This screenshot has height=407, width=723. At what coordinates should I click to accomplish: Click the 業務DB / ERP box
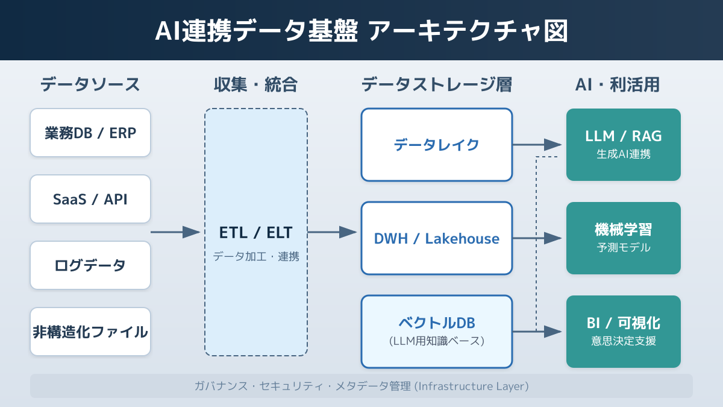point(90,133)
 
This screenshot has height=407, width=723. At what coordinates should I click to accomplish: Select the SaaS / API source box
point(90,199)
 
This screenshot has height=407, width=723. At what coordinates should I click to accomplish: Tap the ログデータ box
point(90,265)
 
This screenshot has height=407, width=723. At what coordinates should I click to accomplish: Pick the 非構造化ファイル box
point(90,332)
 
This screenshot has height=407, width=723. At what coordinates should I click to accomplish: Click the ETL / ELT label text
point(256,232)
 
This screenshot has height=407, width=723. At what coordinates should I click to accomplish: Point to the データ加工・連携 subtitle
point(256,256)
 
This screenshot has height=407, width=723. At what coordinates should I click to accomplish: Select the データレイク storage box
point(437,145)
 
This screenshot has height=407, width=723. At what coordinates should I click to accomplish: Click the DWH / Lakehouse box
point(437,238)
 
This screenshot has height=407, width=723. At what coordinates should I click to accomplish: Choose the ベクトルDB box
point(437,332)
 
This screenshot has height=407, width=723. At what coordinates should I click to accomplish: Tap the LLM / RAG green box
point(624,145)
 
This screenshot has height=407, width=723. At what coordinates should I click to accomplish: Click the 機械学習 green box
point(624,238)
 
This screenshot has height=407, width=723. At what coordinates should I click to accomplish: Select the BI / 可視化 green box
point(624,332)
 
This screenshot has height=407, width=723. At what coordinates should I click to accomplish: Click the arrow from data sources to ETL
point(175,232)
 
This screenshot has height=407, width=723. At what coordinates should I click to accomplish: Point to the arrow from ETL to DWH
point(332,232)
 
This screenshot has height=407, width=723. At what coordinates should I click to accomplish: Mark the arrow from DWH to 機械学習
point(537,238)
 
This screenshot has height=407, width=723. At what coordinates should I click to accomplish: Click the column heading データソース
point(90,84)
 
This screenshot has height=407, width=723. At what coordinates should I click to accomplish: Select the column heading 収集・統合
point(256,84)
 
